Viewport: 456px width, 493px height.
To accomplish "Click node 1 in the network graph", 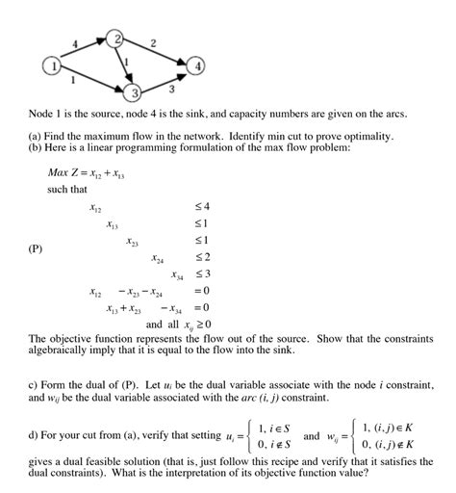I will point(52,65).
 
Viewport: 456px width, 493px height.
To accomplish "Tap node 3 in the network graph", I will point(135,91).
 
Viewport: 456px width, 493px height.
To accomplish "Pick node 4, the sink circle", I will point(197,67).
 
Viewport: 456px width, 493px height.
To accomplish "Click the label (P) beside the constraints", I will point(36,248).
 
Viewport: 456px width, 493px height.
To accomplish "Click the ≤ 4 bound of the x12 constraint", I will point(202,207).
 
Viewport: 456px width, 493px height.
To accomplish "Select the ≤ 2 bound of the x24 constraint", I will point(202,258).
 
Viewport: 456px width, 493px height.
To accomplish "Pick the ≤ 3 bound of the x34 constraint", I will point(202,274).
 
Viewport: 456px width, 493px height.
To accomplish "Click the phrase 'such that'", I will point(67,191).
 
